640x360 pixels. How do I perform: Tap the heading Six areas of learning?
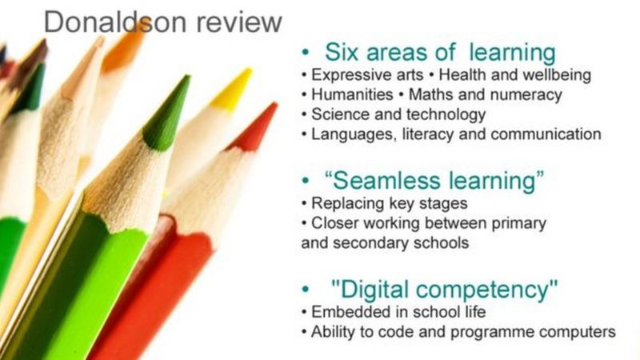point(439,53)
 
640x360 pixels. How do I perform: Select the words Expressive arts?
point(361,75)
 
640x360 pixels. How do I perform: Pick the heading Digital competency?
point(444,289)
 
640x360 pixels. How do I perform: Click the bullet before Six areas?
point(306,53)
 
